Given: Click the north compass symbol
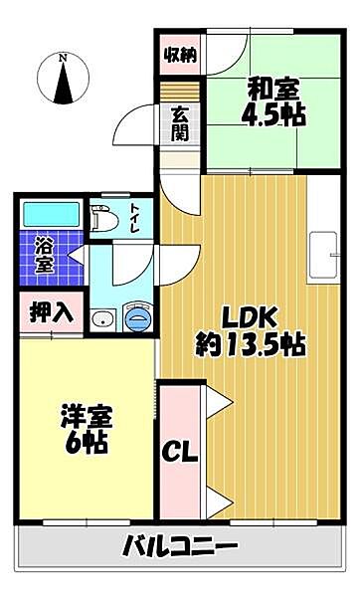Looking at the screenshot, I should pyautogui.click(x=63, y=82).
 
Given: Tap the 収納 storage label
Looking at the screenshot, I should pyautogui.click(x=179, y=52).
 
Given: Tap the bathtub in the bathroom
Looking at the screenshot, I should pyautogui.click(x=49, y=214).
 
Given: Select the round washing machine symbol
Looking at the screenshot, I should pyautogui.click(x=138, y=317).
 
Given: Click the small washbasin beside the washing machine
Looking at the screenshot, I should pyautogui.click(x=102, y=319).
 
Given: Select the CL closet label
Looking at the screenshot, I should pyautogui.click(x=181, y=451).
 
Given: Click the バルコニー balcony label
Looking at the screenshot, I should pyautogui.click(x=180, y=546).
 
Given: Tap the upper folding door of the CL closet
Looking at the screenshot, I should pyautogui.click(x=220, y=403).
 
